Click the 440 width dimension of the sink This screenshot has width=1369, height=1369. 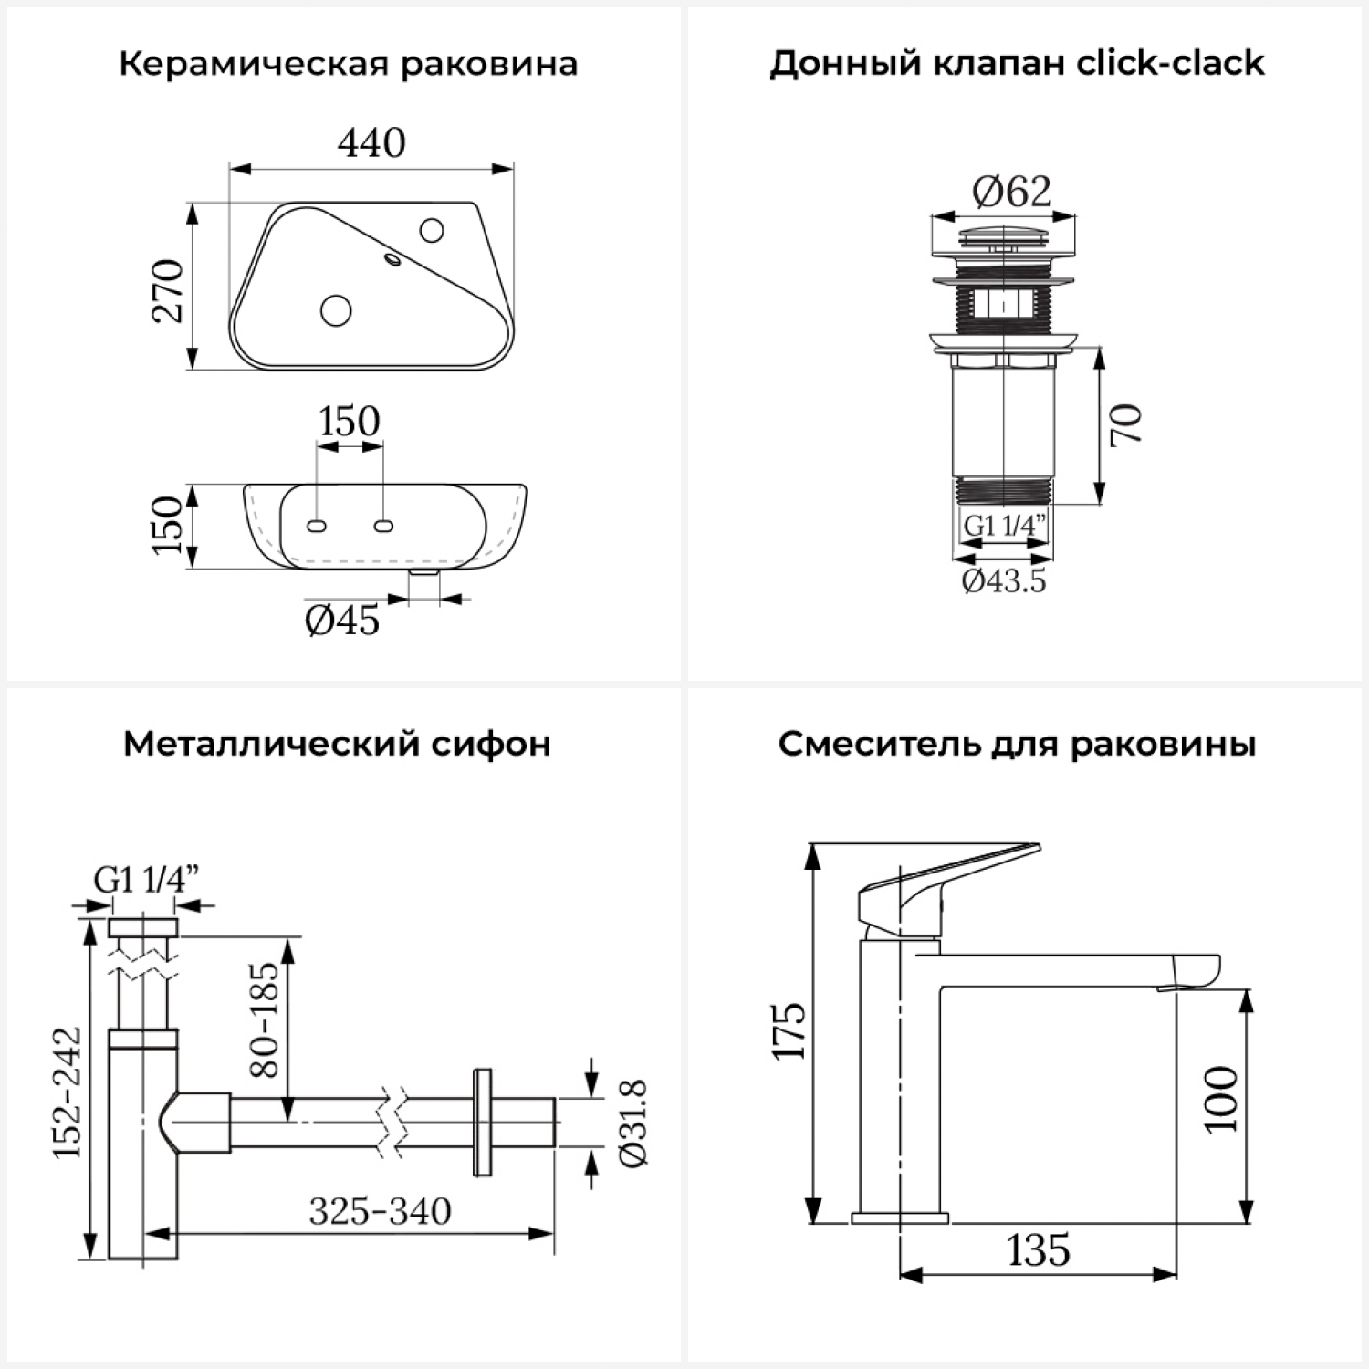pos(371,143)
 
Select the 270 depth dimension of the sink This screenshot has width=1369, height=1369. pos(170,290)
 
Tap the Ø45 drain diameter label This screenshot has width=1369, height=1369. pos(342,621)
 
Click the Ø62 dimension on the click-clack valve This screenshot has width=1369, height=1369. pos(1011,192)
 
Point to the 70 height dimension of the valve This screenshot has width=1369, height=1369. pos(1127,424)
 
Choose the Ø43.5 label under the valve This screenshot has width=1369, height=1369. pos(1004,580)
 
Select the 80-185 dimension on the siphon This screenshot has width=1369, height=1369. pos(264,1019)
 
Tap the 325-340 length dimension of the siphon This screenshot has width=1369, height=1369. pos(380,1211)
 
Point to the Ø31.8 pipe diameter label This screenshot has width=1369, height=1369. pos(632,1122)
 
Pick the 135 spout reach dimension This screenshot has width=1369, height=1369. pos(1039,1250)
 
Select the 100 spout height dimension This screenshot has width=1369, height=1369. pos(1221,1099)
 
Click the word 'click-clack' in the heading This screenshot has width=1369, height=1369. pos(1171,64)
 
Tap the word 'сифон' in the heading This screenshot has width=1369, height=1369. pos(500,744)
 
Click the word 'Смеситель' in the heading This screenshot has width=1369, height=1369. pos(878,744)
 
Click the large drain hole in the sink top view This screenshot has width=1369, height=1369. pos(337,310)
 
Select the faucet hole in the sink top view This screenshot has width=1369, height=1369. pos(433,229)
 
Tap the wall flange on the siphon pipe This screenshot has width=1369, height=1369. pos(482,1122)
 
